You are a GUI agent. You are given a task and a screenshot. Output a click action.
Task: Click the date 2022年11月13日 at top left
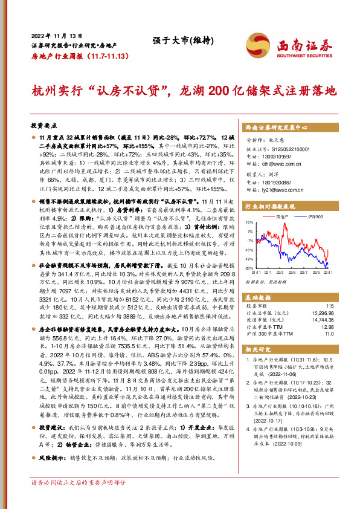pyautogui.click(x=53, y=35)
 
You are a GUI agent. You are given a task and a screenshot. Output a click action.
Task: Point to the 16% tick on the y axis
pyautogui.click(x=249, y=222)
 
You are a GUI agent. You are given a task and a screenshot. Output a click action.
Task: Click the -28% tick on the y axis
pyautogui.click(x=249, y=267)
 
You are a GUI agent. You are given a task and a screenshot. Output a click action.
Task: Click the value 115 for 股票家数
pyautogui.click(x=329, y=306)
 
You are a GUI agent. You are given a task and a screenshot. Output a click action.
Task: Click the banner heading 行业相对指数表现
pyautogui.click(x=273, y=206)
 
